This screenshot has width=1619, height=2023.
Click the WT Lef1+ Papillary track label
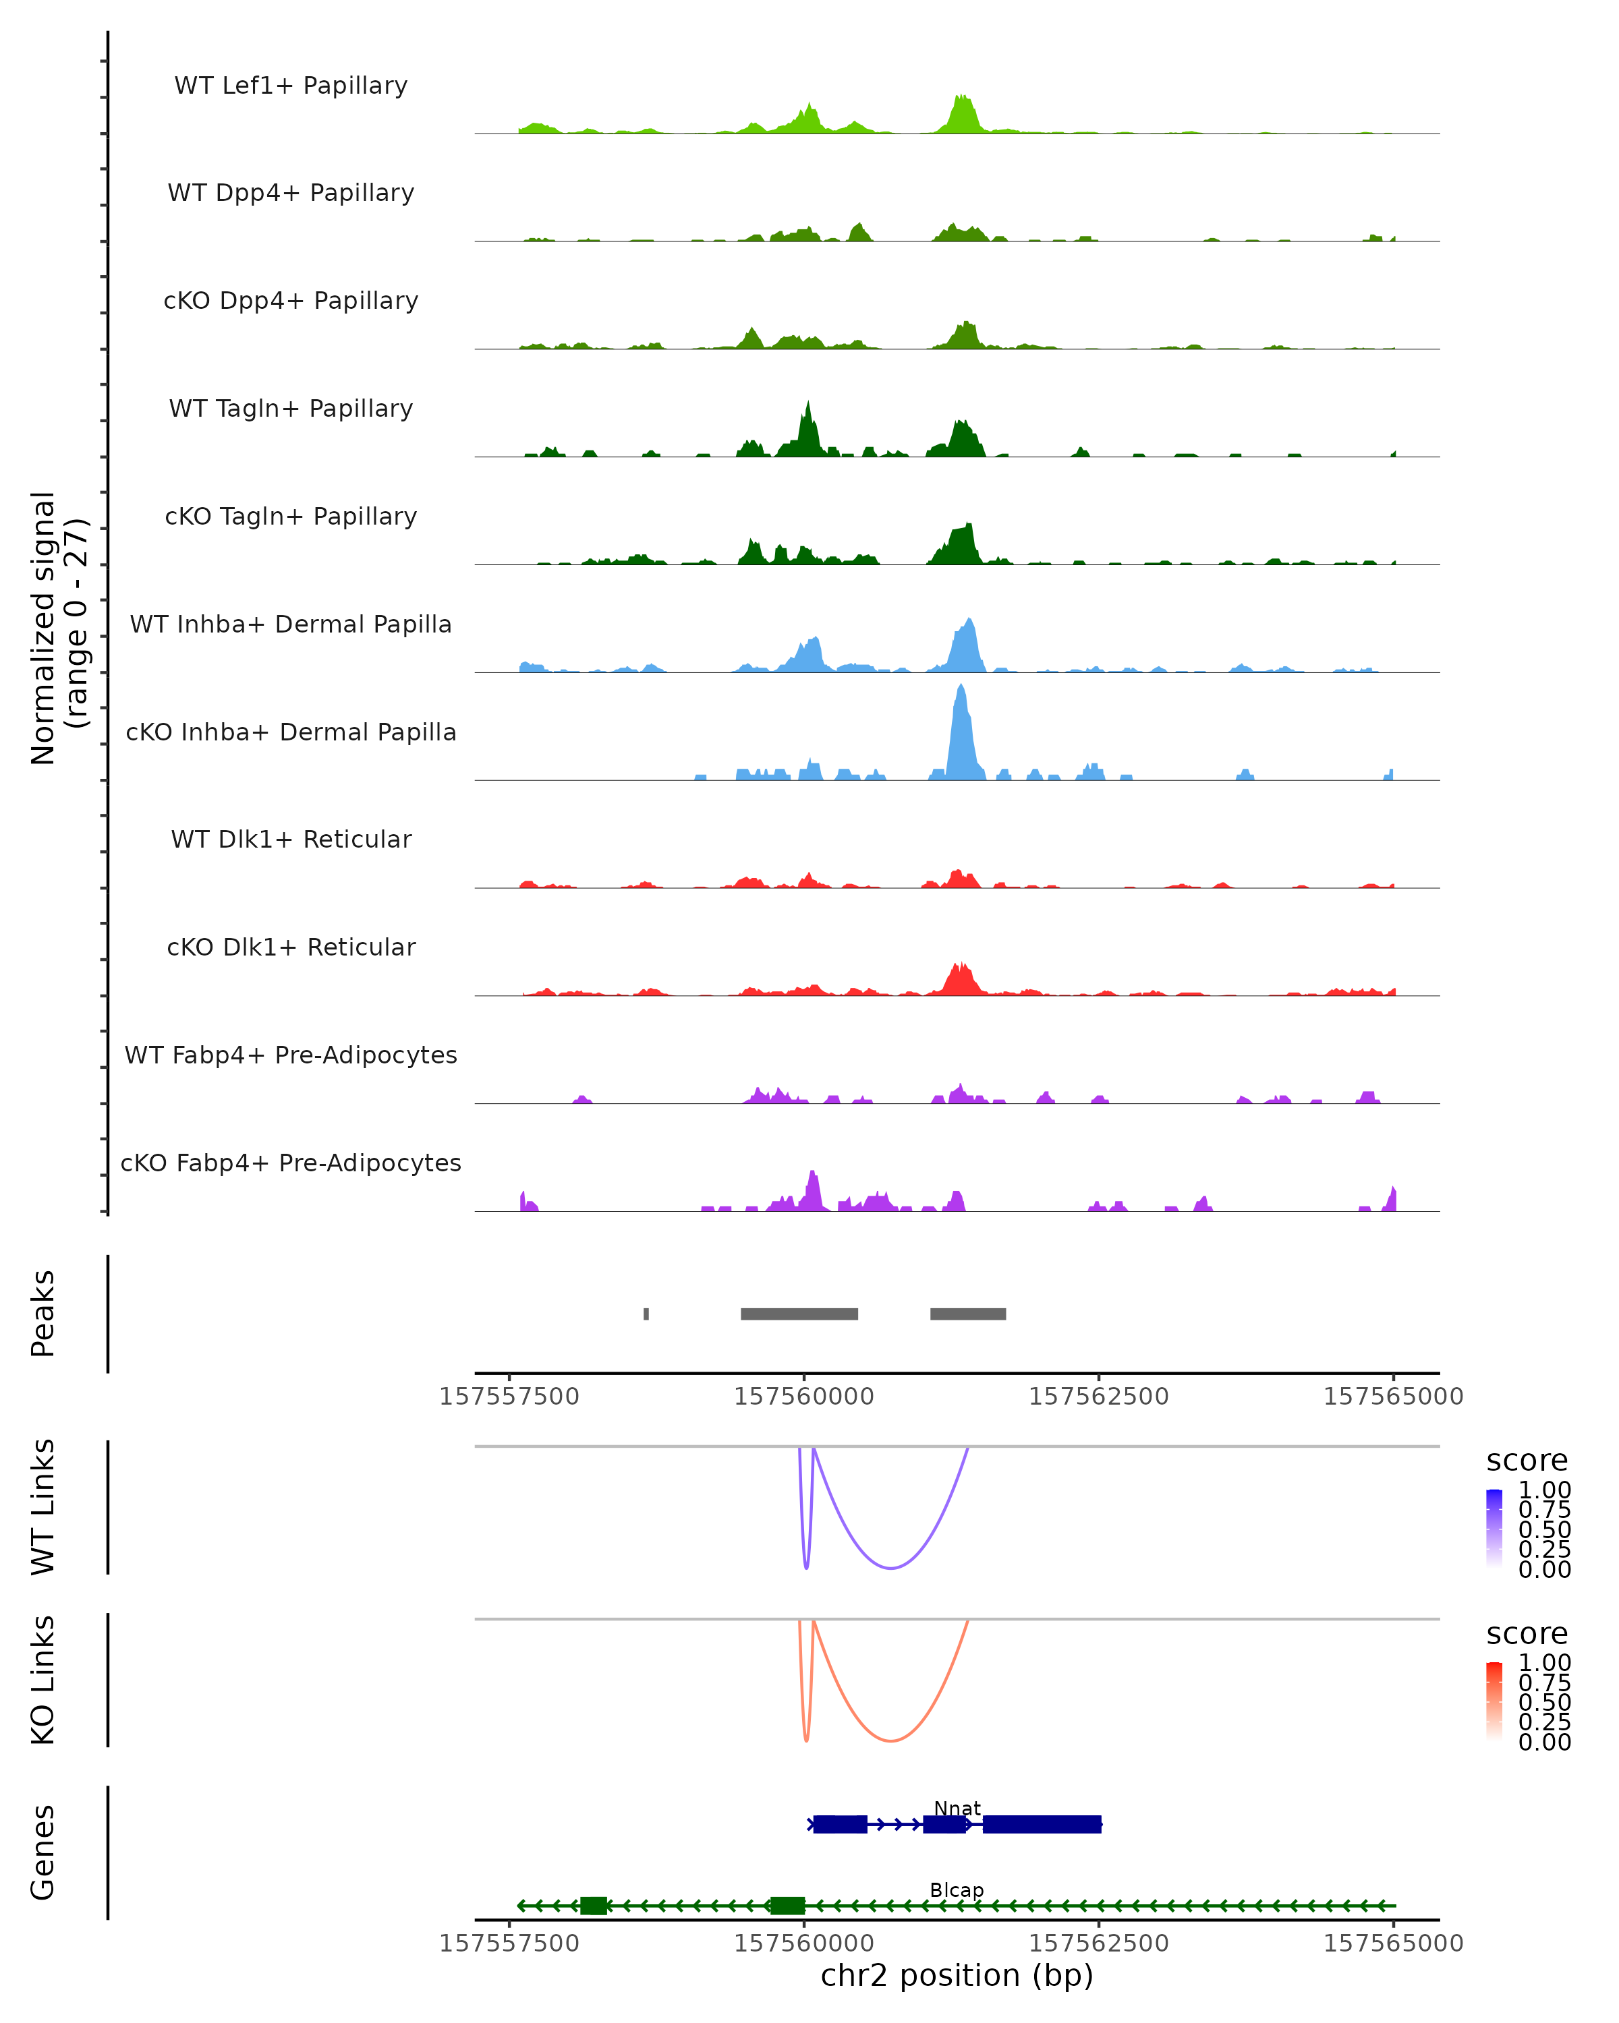point(291,86)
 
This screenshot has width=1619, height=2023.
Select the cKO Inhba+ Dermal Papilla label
point(291,732)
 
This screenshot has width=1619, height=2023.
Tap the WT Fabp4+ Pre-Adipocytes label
point(291,1055)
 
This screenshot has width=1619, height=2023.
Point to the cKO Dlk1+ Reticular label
point(291,947)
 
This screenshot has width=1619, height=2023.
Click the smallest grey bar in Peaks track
point(646,1314)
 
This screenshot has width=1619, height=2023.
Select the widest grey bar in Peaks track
point(799,1314)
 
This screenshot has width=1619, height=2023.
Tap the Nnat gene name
point(957,1808)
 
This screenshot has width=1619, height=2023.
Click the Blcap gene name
point(957,1889)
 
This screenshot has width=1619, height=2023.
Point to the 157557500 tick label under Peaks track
point(509,1397)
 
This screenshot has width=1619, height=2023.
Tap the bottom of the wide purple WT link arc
point(890,1568)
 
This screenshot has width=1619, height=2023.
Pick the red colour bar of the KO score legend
point(1494,1701)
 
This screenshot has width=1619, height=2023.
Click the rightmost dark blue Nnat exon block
point(1042,1824)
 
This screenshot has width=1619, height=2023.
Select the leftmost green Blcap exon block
point(593,1906)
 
